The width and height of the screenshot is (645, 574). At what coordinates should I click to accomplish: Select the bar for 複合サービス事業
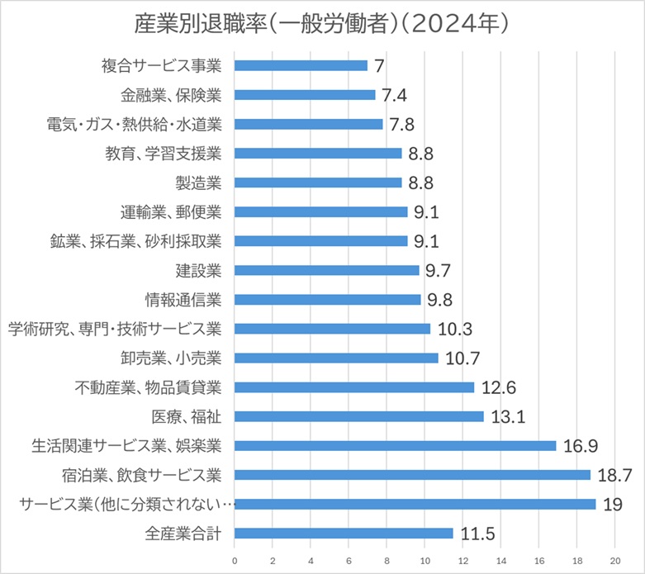coord(301,65)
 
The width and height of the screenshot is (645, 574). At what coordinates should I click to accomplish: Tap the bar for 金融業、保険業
coord(306,95)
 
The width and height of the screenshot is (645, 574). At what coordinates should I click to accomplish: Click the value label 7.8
coord(403,124)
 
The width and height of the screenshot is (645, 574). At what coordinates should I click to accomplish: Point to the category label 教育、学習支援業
coord(163,153)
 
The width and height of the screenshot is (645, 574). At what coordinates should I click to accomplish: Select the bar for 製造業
coord(319,183)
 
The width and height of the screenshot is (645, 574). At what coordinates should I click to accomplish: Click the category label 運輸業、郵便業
coord(170,211)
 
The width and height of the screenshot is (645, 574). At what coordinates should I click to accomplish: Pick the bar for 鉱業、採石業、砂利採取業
coord(321,241)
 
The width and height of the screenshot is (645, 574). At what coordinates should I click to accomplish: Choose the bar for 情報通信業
coord(328,300)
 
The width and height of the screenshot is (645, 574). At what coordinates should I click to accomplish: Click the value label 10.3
coord(454,329)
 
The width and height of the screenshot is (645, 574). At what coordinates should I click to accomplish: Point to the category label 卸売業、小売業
coord(170,358)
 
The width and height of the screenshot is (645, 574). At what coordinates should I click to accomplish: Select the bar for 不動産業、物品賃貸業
coord(355,387)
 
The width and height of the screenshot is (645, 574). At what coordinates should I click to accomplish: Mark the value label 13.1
coord(507,416)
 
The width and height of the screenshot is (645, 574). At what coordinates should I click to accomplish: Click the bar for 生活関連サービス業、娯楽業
coord(396,446)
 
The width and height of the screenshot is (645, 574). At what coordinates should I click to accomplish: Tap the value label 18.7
coord(614,475)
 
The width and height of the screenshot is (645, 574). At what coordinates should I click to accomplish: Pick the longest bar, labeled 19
coord(415,505)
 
